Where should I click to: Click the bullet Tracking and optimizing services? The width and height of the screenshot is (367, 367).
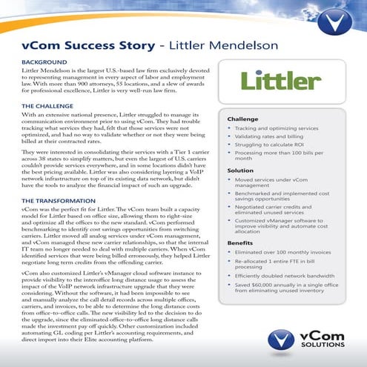(278, 128)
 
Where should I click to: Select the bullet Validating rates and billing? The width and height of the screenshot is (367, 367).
(274, 136)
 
